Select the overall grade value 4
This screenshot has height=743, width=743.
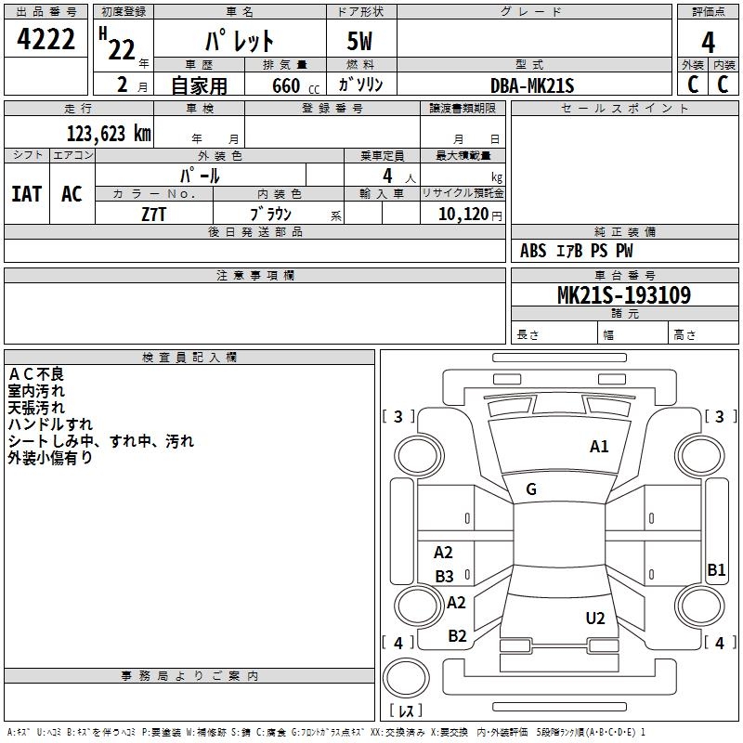click(708, 42)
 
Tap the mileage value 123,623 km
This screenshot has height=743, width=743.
click(109, 133)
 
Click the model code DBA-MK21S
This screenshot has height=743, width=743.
click(533, 85)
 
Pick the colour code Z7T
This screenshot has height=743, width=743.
click(154, 214)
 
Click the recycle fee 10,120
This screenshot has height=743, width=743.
click(460, 214)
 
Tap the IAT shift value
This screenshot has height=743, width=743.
click(27, 193)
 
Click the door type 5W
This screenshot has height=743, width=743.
click(361, 42)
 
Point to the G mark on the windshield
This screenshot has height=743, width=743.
click(531, 489)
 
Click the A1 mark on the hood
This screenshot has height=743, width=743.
click(599, 447)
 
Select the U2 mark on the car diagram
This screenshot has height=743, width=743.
click(595, 619)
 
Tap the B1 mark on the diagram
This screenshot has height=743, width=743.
click(716, 570)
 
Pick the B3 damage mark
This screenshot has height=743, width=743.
click(445, 577)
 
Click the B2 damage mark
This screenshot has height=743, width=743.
click(457, 636)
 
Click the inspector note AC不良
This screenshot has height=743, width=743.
click(36, 374)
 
